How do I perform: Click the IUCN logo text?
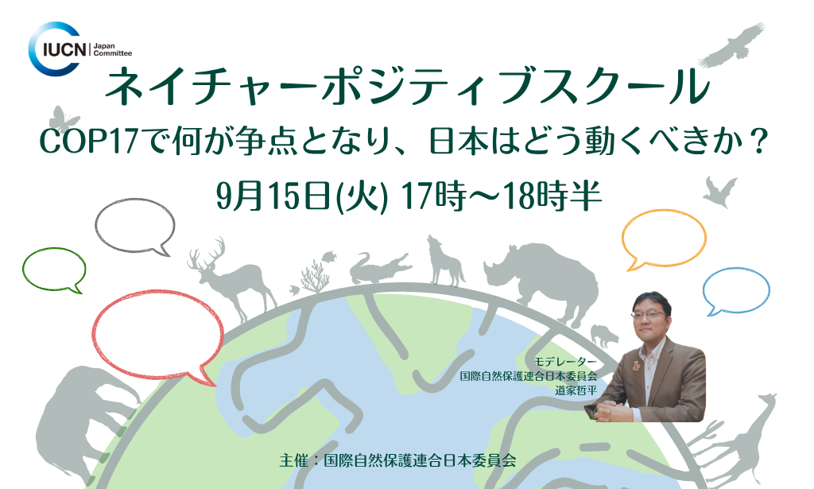point(64,50)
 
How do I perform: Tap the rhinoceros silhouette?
point(545,281)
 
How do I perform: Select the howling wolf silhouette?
point(443,265)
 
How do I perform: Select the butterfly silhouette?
point(64,118)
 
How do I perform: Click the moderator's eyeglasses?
point(647,314)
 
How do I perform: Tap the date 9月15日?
point(274,196)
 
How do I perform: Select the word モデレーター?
point(565,361)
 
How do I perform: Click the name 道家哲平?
point(576,390)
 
